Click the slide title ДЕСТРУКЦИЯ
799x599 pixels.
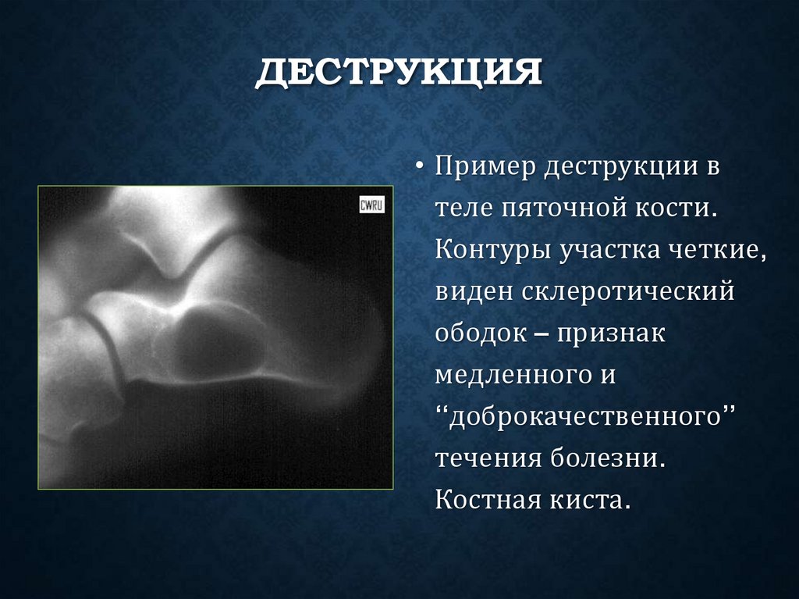click(399, 75)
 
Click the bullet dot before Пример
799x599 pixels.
click(421, 168)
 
